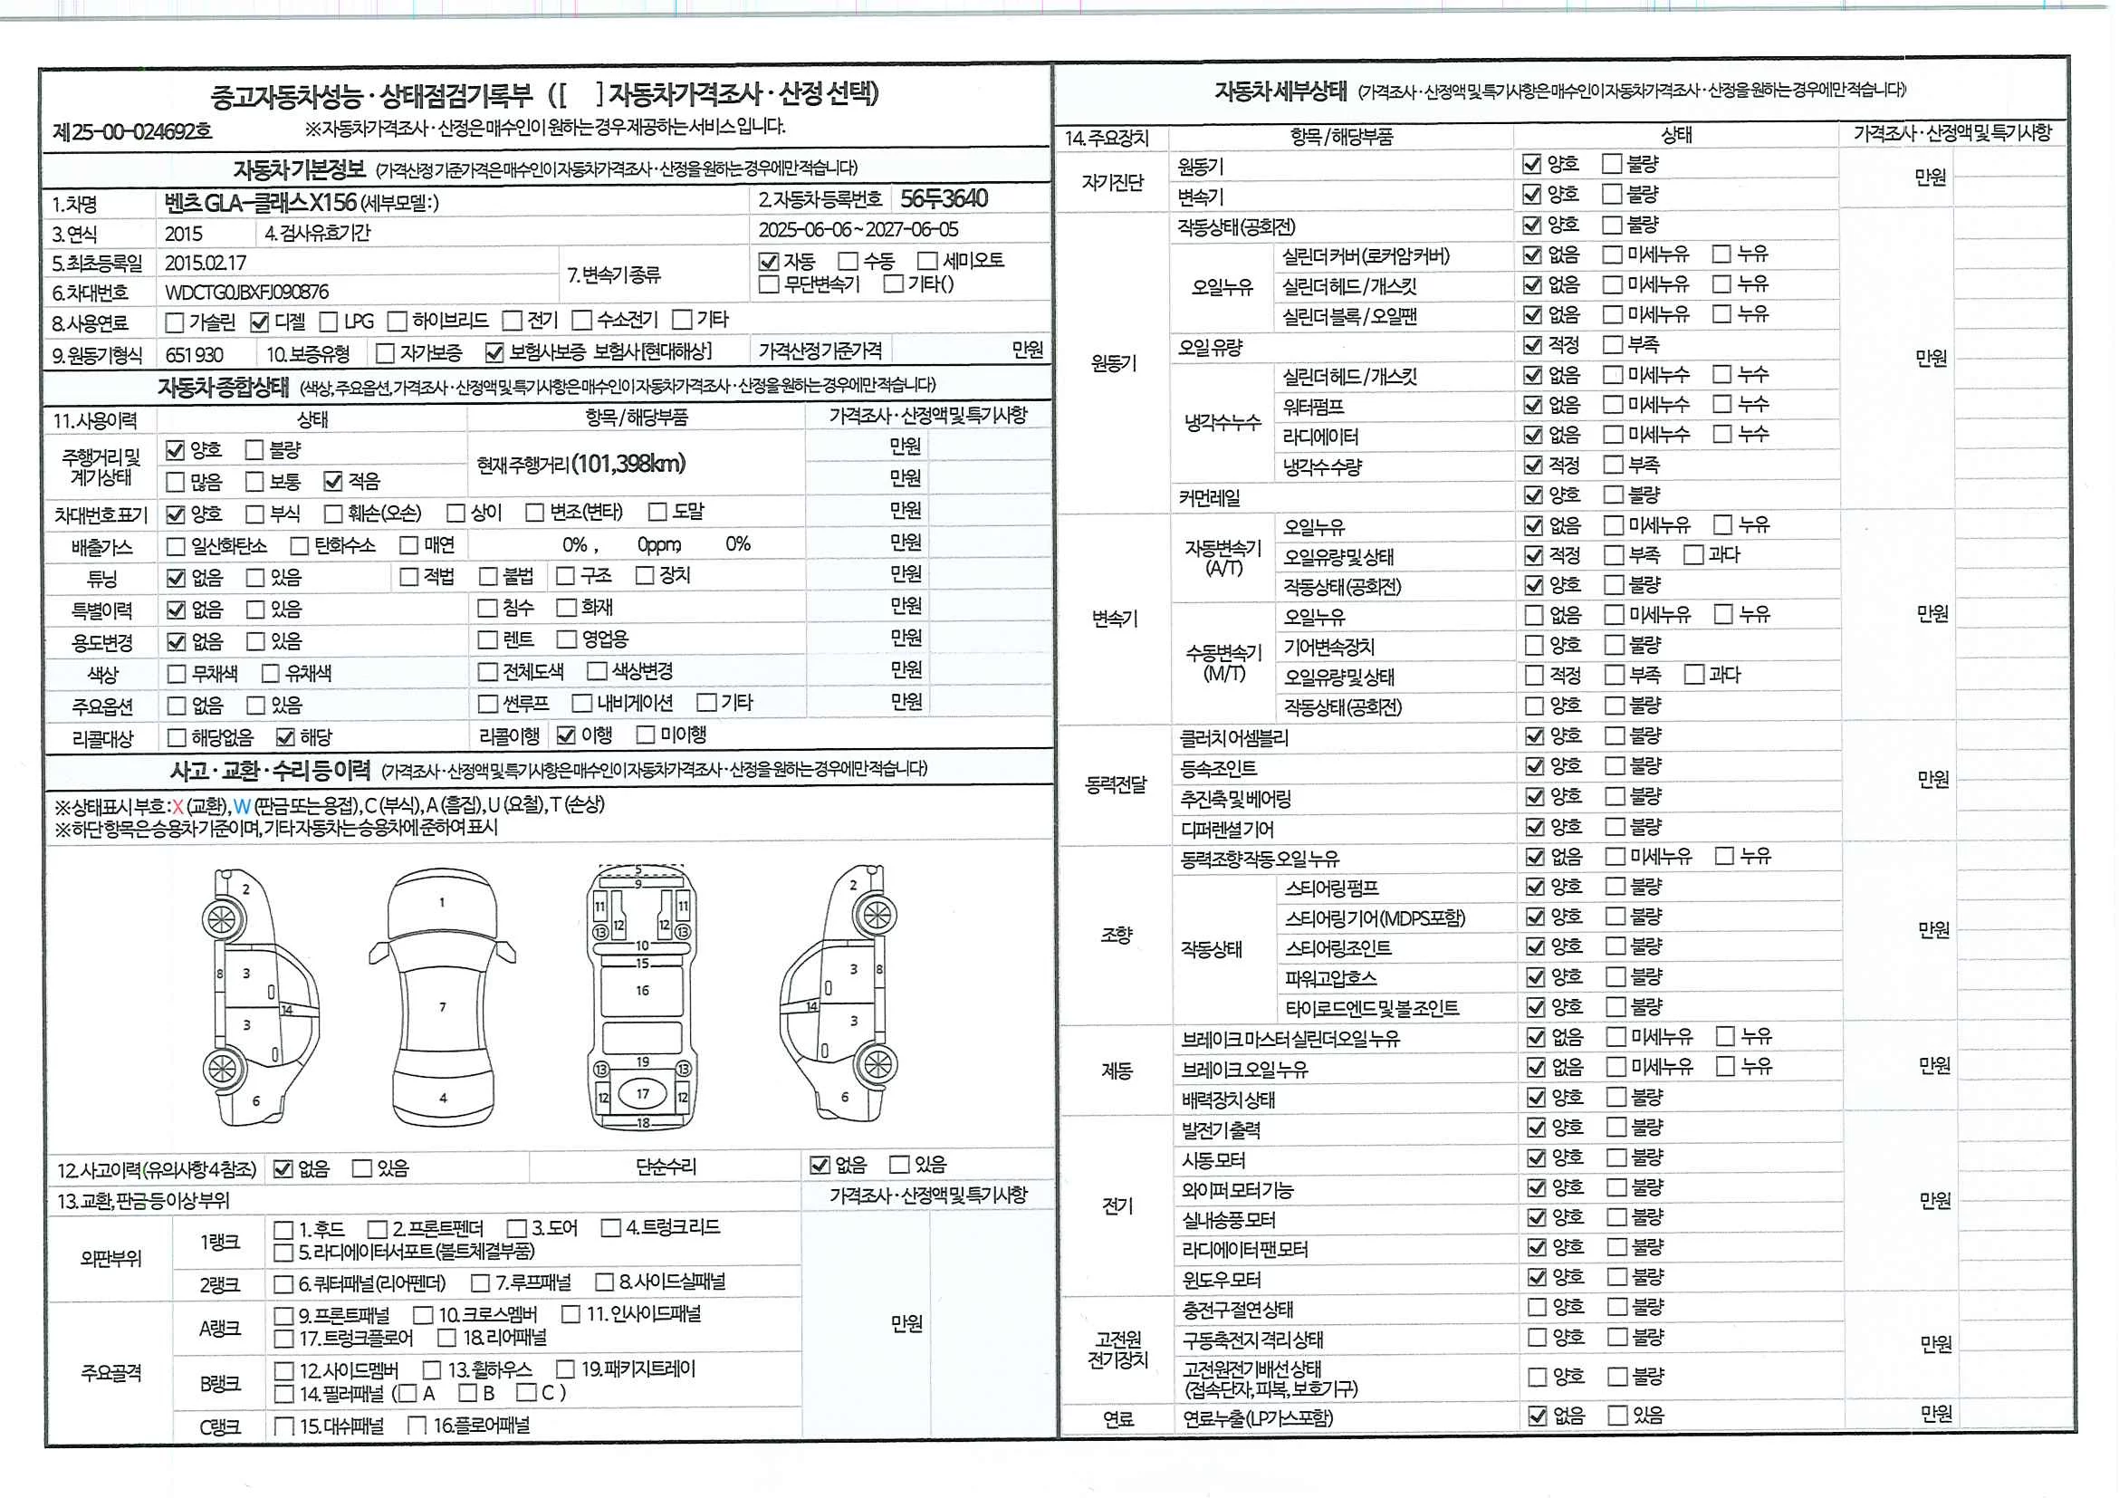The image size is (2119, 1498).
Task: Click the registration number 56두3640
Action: (944, 198)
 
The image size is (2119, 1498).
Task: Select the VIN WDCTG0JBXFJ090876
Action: (246, 293)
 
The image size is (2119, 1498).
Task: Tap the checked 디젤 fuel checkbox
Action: (259, 322)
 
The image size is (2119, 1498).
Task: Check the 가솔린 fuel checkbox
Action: (174, 323)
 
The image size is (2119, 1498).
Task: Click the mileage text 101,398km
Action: (628, 464)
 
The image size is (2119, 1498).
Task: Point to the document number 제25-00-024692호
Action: (133, 131)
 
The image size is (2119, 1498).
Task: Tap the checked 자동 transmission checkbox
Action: (768, 262)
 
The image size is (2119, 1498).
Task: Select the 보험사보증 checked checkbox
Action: (494, 352)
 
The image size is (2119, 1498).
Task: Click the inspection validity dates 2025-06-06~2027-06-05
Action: (858, 229)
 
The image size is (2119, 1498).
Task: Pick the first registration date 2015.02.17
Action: (206, 263)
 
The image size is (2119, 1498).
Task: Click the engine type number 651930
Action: (194, 354)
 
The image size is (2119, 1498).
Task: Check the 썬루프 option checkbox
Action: (488, 705)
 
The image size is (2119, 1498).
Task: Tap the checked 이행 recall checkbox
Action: (566, 735)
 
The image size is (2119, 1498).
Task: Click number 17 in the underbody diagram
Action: (642, 1094)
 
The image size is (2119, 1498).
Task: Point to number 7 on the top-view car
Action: (443, 1007)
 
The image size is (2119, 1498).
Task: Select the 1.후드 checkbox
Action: (283, 1229)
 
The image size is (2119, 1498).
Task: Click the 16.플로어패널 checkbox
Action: (417, 1426)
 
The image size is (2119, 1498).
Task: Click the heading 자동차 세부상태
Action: (1280, 91)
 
